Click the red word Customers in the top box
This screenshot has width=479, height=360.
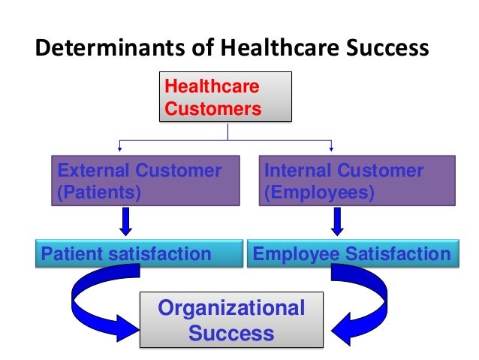click(x=212, y=109)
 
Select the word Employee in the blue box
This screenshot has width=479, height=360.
click(x=296, y=254)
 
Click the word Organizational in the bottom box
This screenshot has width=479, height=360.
click(x=231, y=308)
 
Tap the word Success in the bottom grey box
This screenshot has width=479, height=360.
click(x=230, y=332)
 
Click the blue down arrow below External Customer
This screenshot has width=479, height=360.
click(x=126, y=222)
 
